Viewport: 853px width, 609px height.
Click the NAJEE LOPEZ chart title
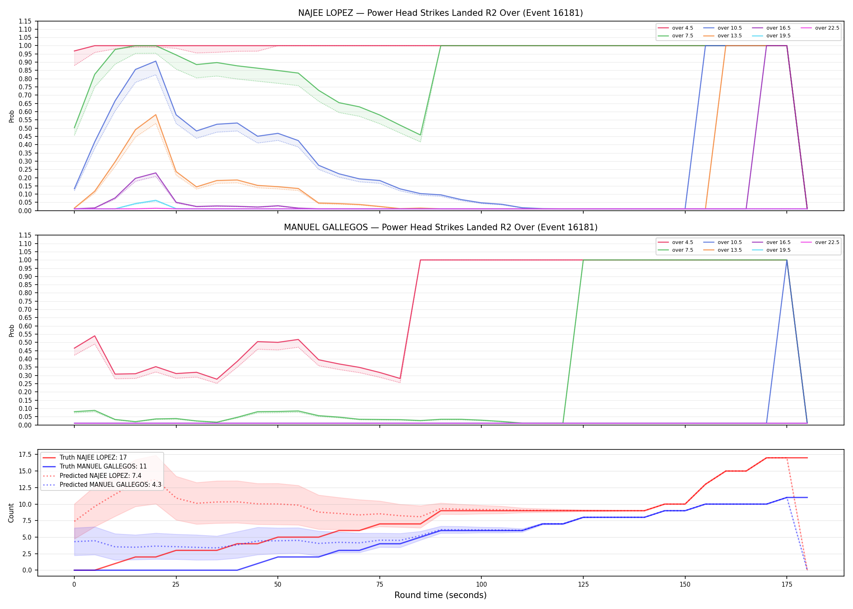pyautogui.click(x=440, y=13)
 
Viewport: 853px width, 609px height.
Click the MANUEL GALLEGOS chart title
pyautogui.click(x=440, y=227)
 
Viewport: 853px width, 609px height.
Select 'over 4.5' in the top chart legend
pyautogui.click(x=682, y=28)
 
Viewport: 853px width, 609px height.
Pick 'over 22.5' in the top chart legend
pyautogui.click(x=827, y=28)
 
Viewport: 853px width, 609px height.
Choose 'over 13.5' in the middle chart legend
pyautogui.click(x=730, y=250)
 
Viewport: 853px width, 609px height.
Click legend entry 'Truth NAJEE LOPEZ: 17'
pyautogui.click(x=93, y=458)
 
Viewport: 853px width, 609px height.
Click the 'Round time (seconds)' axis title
pyautogui.click(x=440, y=595)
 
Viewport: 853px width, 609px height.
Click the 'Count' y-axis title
pyautogui.click(x=11, y=513)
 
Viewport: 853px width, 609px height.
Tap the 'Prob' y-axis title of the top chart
pyautogui.click(x=11, y=117)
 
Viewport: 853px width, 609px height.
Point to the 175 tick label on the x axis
pyautogui.click(x=787, y=585)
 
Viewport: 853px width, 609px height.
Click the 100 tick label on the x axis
pyautogui.click(x=481, y=585)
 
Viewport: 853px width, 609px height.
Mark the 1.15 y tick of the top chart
pyautogui.click(x=25, y=21)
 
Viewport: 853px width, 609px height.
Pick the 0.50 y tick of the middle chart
pyautogui.click(x=25, y=343)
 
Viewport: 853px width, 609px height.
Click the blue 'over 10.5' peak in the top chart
pyautogui.click(x=156, y=61)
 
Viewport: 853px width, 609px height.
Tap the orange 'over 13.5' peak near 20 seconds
pyautogui.click(x=156, y=114)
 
